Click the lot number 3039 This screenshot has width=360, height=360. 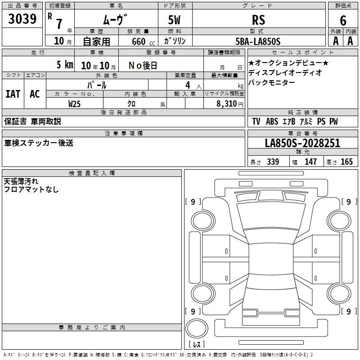22,19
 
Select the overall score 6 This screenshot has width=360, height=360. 343,20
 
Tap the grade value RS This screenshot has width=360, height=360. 258,20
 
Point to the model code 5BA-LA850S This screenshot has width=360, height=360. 258,41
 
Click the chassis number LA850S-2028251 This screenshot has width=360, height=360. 302,143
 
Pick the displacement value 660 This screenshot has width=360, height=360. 139,41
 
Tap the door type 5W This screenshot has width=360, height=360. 174,20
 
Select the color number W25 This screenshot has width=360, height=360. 74,104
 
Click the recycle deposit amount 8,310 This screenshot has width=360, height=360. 226,103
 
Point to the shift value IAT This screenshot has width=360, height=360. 13,94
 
